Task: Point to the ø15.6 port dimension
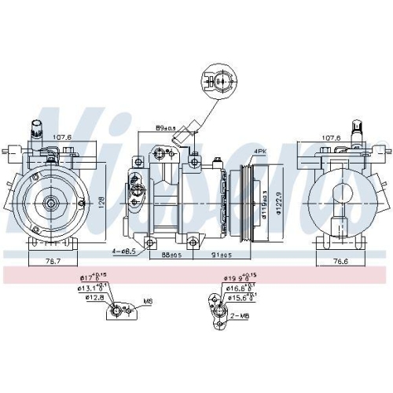point(240,297)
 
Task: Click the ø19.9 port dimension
point(236,277)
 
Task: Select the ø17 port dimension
point(93,277)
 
